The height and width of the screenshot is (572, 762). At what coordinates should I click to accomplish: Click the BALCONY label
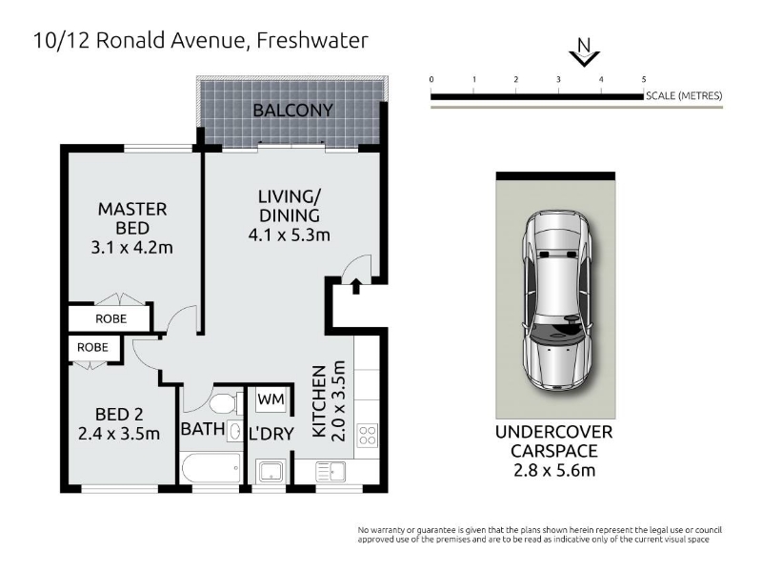pos(292,111)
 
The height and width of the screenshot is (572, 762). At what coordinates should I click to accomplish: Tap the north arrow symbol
pos(584,52)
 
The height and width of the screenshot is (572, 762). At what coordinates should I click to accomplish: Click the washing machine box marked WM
pos(271,398)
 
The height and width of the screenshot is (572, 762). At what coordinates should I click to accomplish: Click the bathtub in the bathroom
pos(211,468)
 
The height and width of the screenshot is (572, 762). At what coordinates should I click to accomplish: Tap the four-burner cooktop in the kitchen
pos(367,436)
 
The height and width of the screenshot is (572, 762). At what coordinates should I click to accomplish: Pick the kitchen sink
pos(331,471)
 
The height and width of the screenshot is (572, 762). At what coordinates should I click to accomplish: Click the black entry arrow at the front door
pos(355,286)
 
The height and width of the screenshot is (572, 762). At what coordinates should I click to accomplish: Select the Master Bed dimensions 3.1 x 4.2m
pos(132,248)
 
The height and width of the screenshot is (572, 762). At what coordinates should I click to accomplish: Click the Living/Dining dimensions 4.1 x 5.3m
pos(290,235)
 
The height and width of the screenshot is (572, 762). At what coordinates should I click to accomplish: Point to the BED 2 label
pos(119,415)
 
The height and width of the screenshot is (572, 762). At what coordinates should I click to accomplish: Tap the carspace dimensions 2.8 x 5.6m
pos(554,470)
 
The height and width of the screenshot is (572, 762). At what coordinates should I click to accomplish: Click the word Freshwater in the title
pos(312,40)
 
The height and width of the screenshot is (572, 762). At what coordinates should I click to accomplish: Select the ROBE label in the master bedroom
pos(110,319)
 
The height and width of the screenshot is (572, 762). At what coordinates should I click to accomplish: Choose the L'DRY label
pos(271,434)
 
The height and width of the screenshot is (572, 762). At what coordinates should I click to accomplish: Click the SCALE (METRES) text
pos(684,96)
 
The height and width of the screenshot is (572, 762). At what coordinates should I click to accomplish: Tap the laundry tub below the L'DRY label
pos(269,471)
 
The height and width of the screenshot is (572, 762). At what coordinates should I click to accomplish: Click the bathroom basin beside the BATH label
pos(234,431)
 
